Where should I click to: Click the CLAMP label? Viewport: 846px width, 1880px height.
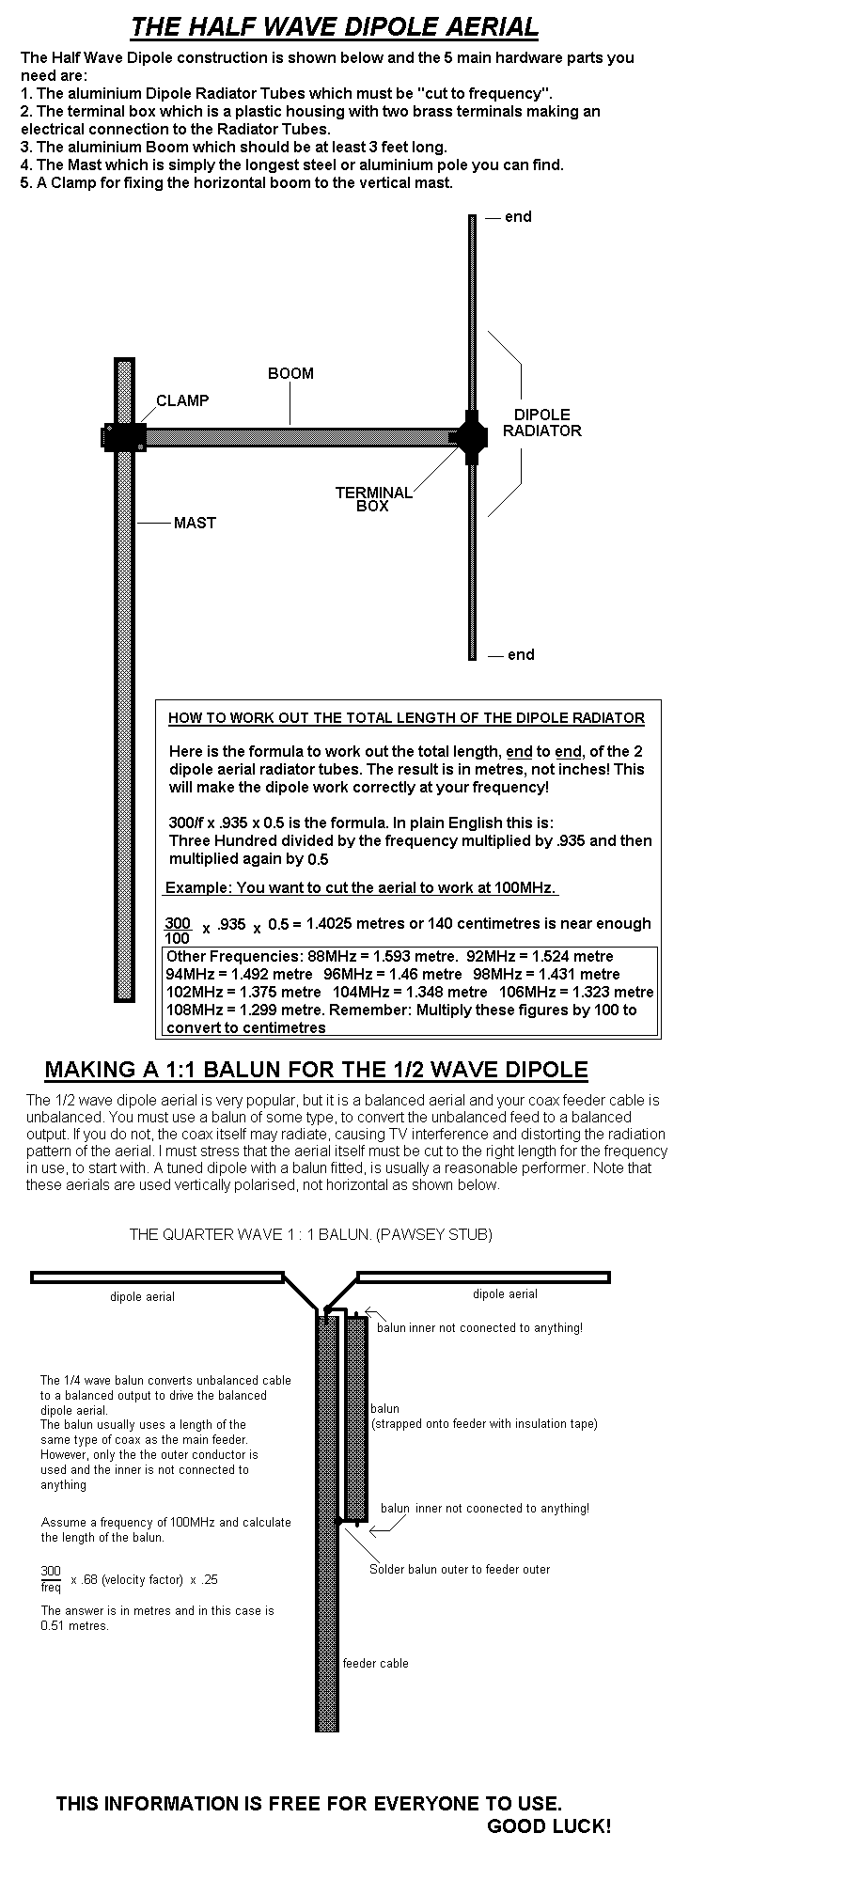pyautogui.click(x=182, y=401)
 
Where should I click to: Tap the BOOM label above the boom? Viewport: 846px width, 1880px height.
pyautogui.click(x=290, y=374)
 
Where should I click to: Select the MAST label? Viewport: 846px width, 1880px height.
pyautogui.click(x=195, y=524)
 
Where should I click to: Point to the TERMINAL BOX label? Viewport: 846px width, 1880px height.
pyautogui.click(x=373, y=499)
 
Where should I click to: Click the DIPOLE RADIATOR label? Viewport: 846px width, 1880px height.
pyautogui.click(x=541, y=423)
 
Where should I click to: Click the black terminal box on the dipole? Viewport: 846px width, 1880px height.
pyautogui.click(x=470, y=437)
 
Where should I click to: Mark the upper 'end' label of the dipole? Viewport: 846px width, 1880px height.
pyautogui.click(x=518, y=217)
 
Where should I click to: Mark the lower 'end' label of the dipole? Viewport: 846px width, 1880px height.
pyautogui.click(x=521, y=655)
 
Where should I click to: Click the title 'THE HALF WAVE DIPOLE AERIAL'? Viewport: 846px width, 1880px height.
pyautogui.click(x=335, y=27)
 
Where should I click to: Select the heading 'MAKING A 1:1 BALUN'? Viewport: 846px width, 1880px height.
pyautogui.click(x=316, y=1070)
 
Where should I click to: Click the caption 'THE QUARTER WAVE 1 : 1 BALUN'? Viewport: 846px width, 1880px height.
pyautogui.click(x=310, y=1235)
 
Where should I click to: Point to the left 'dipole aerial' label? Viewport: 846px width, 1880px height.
pyautogui.click(x=142, y=1297)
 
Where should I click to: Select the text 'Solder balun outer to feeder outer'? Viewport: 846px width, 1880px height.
pyautogui.click(x=460, y=1570)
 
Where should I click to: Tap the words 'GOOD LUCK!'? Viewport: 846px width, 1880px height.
pyautogui.click(x=549, y=1827)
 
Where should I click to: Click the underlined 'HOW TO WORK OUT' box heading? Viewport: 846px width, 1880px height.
pyautogui.click(x=406, y=719)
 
